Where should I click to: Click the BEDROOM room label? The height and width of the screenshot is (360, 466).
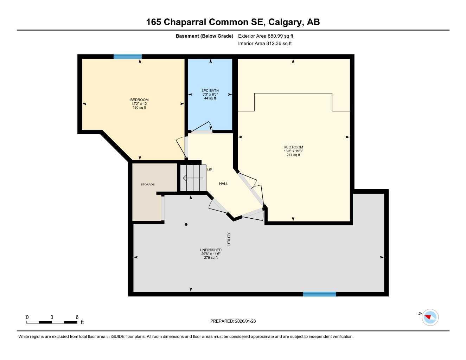pyautogui.click(x=139, y=100)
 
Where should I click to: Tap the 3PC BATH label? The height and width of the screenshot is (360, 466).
pyautogui.click(x=210, y=91)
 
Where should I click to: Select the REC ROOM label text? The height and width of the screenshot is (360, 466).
pyautogui.click(x=293, y=147)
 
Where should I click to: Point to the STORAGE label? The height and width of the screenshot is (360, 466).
pyautogui.click(x=148, y=184)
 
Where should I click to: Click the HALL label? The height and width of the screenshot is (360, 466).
pyautogui.click(x=223, y=184)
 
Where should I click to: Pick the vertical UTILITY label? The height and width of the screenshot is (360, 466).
pyautogui.click(x=229, y=239)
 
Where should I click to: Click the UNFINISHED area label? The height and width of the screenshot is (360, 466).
pyautogui.click(x=211, y=250)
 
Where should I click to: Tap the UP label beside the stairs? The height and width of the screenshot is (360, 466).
pyautogui.click(x=210, y=170)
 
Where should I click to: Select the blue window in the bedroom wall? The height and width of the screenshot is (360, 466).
pyautogui.click(x=127, y=56)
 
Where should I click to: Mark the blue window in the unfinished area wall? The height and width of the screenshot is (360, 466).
pyautogui.click(x=319, y=294)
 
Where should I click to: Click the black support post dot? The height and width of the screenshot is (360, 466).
pyautogui.click(x=186, y=224)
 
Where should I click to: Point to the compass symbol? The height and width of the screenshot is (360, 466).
pyautogui.click(x=430, y=317)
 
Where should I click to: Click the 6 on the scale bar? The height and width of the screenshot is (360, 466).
pyautogui.click(x=77, y=317)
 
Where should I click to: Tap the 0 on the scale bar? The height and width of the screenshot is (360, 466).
pyautogui.click(x=27, y=317)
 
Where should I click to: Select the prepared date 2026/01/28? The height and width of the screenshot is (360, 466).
pyautogui.click(x=245, y=321)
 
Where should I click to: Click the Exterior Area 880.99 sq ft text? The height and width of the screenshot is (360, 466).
pyautogui.click(x=266, y=36)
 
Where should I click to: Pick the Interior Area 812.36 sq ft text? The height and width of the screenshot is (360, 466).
pyautogui.click(x=265, y=44)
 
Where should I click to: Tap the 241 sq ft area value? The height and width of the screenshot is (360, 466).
pyautogui.click(x=293, y=155)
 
